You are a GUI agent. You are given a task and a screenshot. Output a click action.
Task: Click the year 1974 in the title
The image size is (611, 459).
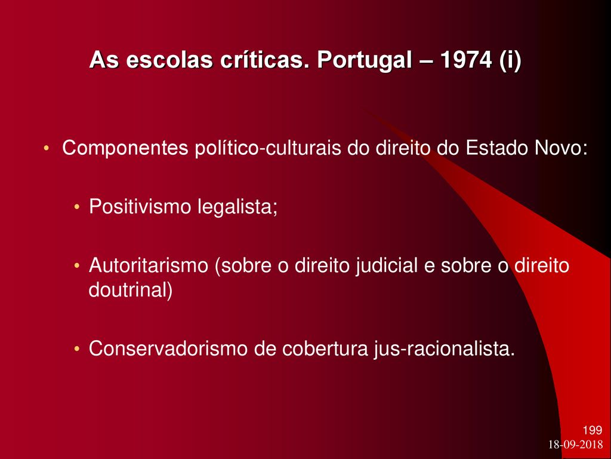point(465,60)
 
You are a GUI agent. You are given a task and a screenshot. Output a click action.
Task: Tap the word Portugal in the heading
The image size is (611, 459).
point(365,61)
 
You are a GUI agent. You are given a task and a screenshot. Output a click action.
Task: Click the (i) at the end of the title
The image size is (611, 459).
point(510,61)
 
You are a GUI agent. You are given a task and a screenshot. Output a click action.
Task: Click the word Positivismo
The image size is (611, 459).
point(140,206)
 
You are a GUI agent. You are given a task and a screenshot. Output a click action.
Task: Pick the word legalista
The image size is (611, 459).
point(237,207)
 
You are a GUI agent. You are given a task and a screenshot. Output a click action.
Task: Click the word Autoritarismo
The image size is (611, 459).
point(149,265)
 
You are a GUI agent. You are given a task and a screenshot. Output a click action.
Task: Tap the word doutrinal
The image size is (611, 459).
point(131,290)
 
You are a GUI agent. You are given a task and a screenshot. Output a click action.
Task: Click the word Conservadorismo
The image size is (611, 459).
point(168,348)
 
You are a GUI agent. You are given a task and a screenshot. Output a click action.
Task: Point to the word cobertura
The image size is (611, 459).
point(325,348)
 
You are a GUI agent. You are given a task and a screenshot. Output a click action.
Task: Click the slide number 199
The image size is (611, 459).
point(593,430)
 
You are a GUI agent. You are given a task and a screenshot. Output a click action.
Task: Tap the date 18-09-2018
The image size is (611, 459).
point(576,445)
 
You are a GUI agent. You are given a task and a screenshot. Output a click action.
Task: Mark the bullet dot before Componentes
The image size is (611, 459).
point(47,149)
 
